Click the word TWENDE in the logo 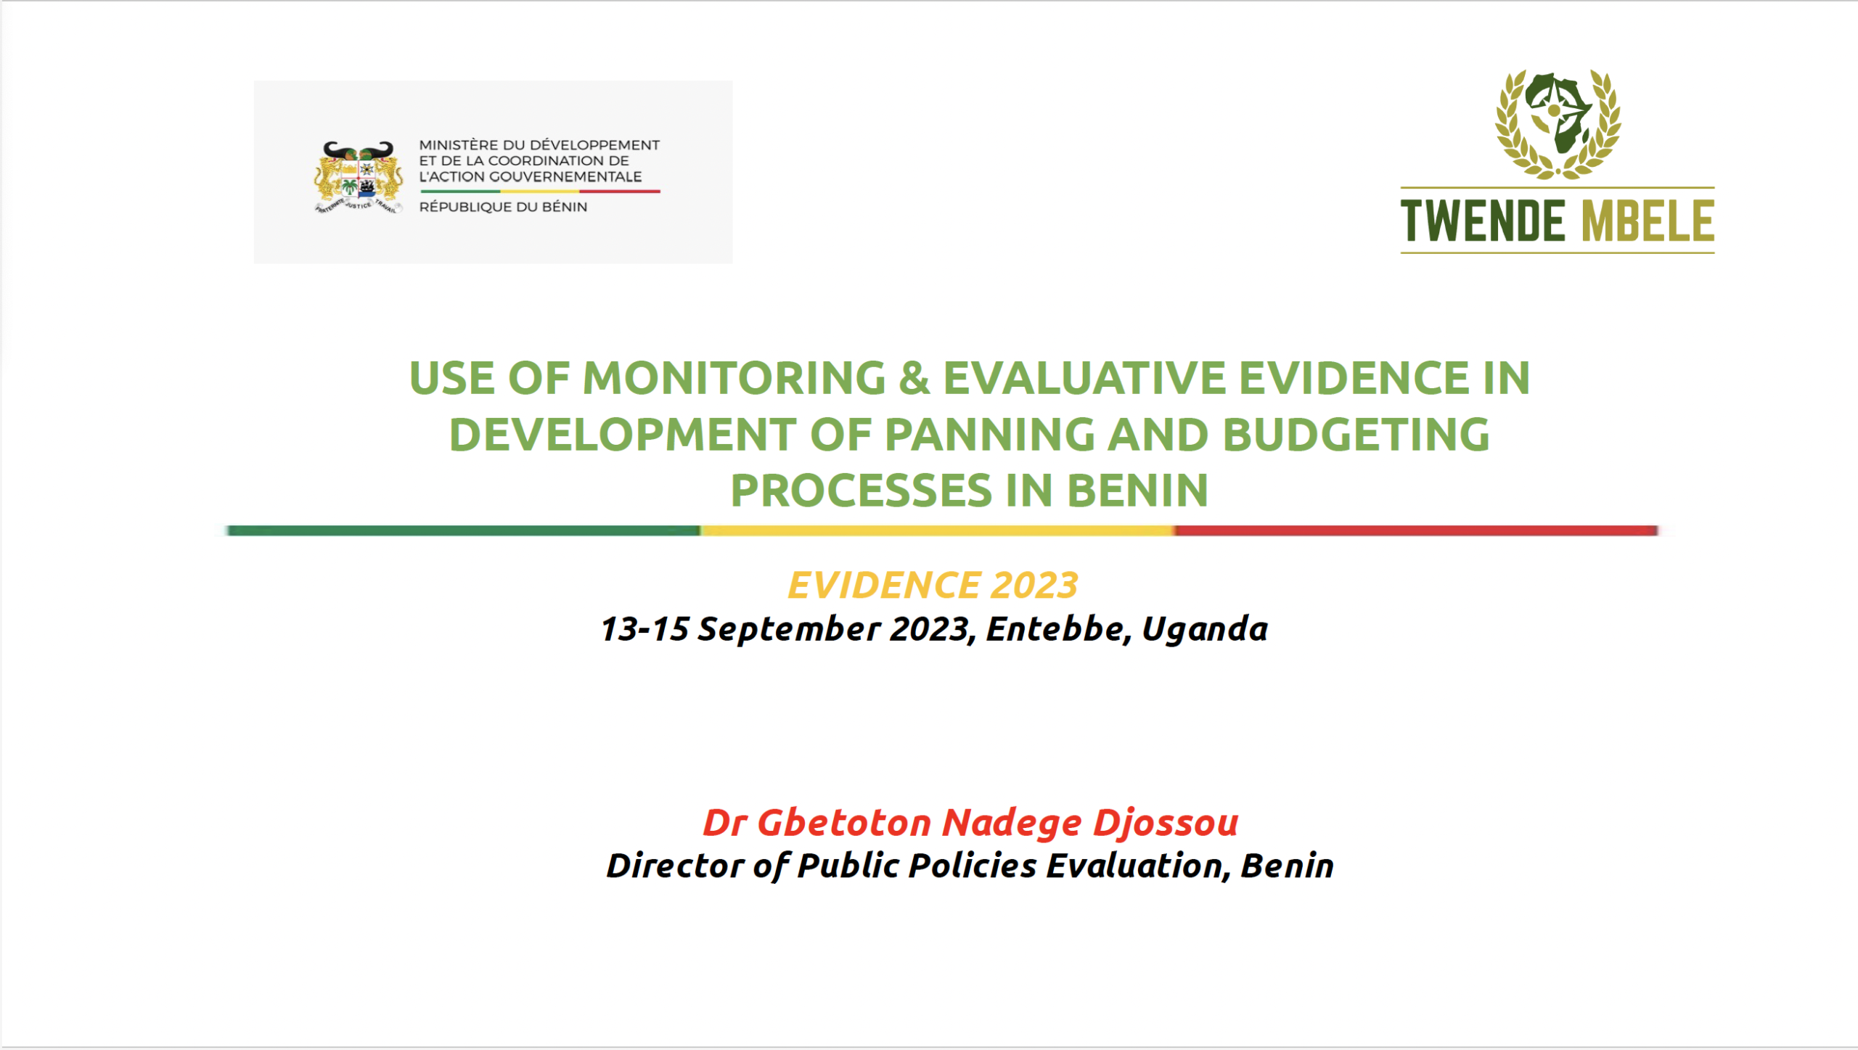tap(1482, 221)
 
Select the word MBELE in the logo tap(1648, 221)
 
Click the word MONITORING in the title tap(734, 378)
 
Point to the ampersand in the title tap(914, 378)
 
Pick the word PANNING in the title tap(989, 435)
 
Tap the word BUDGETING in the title tap(1356, 435)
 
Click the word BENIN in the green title tap(1137, 491)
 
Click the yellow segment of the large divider tap(936, 530)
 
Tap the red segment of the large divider tap(1415, 530)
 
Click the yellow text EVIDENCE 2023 tap(933, 585)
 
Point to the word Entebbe tap(1055, 628)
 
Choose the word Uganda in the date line tap(1205, 628)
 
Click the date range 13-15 tap(644, 628)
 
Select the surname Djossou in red tap(1166, 822)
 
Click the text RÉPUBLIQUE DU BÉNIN tap(503, 207)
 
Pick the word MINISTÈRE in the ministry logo tap(459, 145)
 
